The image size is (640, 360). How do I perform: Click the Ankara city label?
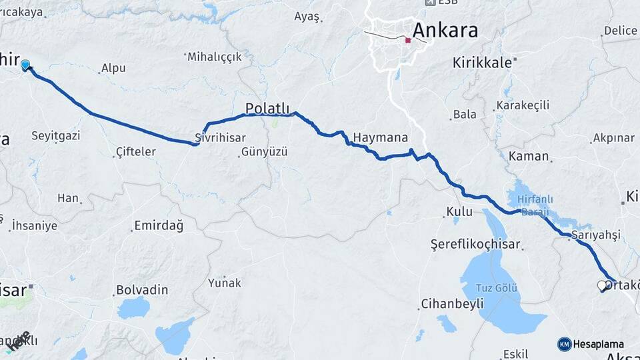[x=445, y=31]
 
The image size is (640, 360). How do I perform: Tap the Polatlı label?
[x=267, y=108]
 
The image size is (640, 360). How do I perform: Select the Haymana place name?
[x=380, y=138]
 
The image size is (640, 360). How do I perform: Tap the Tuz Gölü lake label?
[x=496, y=287]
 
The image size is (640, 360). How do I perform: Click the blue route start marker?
[x=25, y=65]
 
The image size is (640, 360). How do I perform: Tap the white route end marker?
[x=602, y=286]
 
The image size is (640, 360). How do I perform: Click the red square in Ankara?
[x=408, y=41]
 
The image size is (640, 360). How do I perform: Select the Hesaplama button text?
[x=598, y=344]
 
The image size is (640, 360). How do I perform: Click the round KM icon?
[x=565, y=344]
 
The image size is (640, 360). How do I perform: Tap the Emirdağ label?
[x=159, y=225]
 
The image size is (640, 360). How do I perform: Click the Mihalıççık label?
[x=215, y=57]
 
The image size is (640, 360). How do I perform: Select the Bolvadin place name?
[x=142, y=291]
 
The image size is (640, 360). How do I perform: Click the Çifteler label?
[x=135, y=152]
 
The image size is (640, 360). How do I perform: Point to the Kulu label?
[x=460, y=212]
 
